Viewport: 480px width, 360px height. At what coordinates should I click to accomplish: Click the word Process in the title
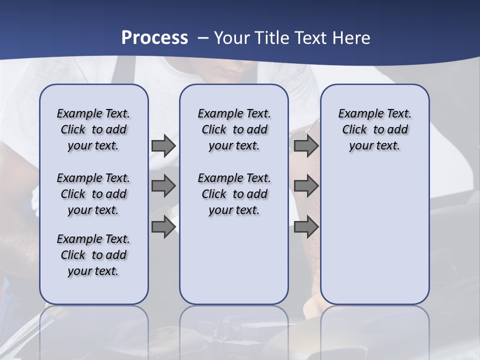click(x=154, y=37)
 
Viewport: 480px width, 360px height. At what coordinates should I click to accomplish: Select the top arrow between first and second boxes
click(x=163, y=145)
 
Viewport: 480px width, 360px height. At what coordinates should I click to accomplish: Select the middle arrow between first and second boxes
click(x=163, y=186)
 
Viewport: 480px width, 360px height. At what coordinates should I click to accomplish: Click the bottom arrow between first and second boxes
click(x=163, y=226)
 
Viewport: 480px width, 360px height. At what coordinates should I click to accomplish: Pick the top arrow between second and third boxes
click(x=306, y=145)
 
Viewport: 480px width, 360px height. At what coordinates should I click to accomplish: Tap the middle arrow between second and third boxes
click(x=306, y=186)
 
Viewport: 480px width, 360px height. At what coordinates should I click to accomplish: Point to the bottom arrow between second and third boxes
click(x=306, y=226)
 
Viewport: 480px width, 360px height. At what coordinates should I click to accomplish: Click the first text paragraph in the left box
click(x=93, y=129)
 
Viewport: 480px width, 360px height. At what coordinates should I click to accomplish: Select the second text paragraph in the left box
click(x=93, y=194)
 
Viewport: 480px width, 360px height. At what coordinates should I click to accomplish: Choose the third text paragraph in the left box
click(x=93, y=255)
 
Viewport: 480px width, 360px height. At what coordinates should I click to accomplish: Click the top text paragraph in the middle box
click(x=234, y=129)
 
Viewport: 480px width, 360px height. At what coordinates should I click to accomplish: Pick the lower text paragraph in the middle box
click(x=234, y=194)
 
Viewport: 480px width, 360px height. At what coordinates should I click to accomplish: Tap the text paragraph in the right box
click(x=374, y=129)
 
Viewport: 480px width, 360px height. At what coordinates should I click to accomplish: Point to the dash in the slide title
click(x=203, y=38)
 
